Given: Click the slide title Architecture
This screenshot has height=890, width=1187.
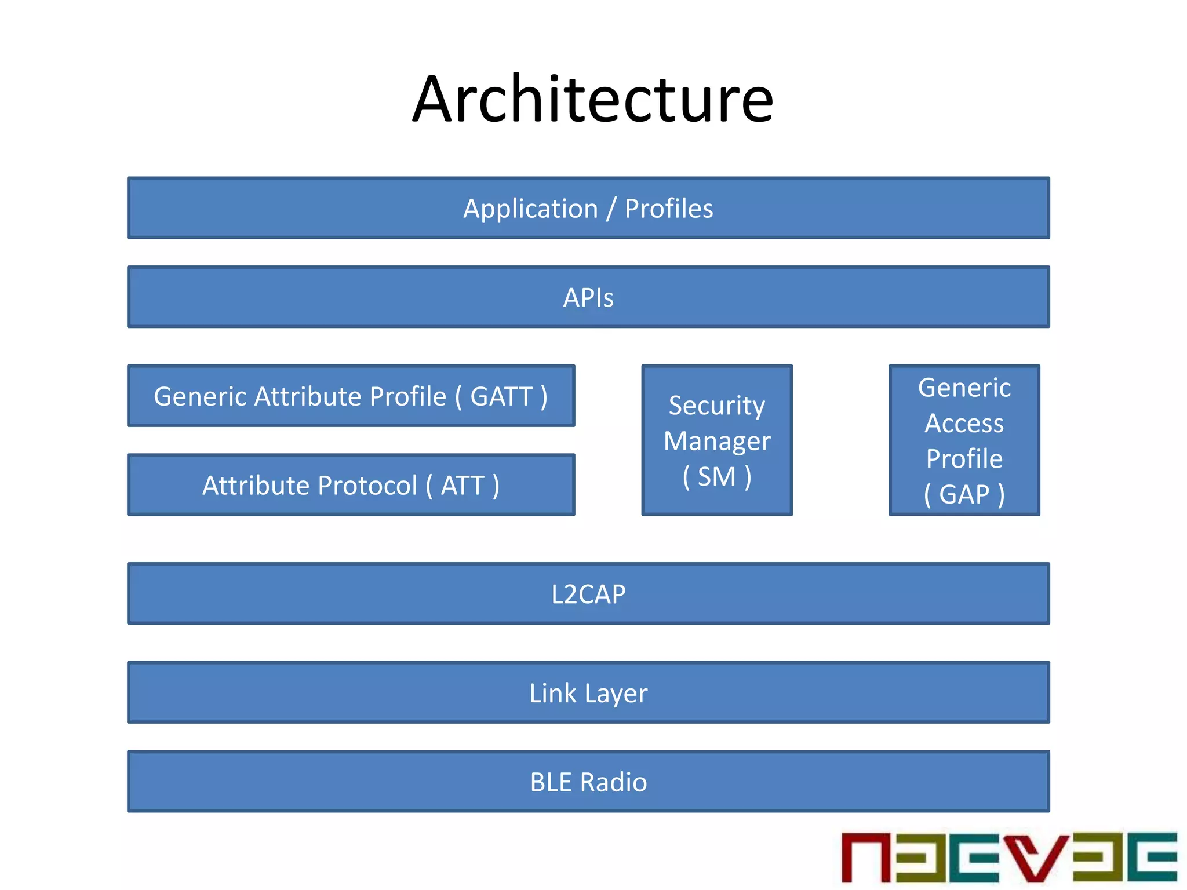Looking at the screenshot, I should click(x=592, y=100).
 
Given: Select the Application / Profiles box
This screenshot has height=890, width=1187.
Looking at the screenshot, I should click(x=588, y=208).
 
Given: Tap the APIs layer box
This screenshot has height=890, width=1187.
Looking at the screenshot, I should click(x=588, y=297).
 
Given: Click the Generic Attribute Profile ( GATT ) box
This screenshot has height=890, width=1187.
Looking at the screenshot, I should click(x=351, y=396).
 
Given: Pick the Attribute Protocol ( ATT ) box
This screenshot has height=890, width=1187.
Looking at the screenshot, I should click(x=351, y=485).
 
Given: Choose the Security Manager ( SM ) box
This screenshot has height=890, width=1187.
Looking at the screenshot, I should click(x=717, y=440).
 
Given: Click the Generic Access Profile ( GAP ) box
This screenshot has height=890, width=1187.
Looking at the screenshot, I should click(x=964, y=440).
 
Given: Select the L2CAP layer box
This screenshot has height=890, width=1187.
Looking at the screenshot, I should click(x=588, y=594).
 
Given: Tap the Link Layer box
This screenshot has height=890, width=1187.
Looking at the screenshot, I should click(x=588, y=693).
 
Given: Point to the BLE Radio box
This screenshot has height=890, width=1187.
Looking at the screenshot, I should click(x=588, y=782).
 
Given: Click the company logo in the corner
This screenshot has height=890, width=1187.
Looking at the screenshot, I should click(x=1008, y=858).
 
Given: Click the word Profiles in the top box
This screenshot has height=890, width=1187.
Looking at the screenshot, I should click(x=669, y=209).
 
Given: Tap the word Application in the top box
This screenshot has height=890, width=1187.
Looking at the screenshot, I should click(x=530, y=209).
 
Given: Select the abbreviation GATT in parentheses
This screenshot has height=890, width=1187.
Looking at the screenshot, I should click(x=501, y=397).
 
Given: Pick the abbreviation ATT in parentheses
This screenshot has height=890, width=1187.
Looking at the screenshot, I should click(x=463, y=486).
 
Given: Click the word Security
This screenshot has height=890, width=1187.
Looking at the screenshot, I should click(x=717, y=406).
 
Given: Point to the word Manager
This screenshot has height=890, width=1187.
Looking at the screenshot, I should click(x=717, y=442).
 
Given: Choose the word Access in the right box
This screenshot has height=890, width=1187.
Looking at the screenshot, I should click(x=964, y=424).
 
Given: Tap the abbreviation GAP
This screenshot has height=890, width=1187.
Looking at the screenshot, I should click(x=964, y=495).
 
